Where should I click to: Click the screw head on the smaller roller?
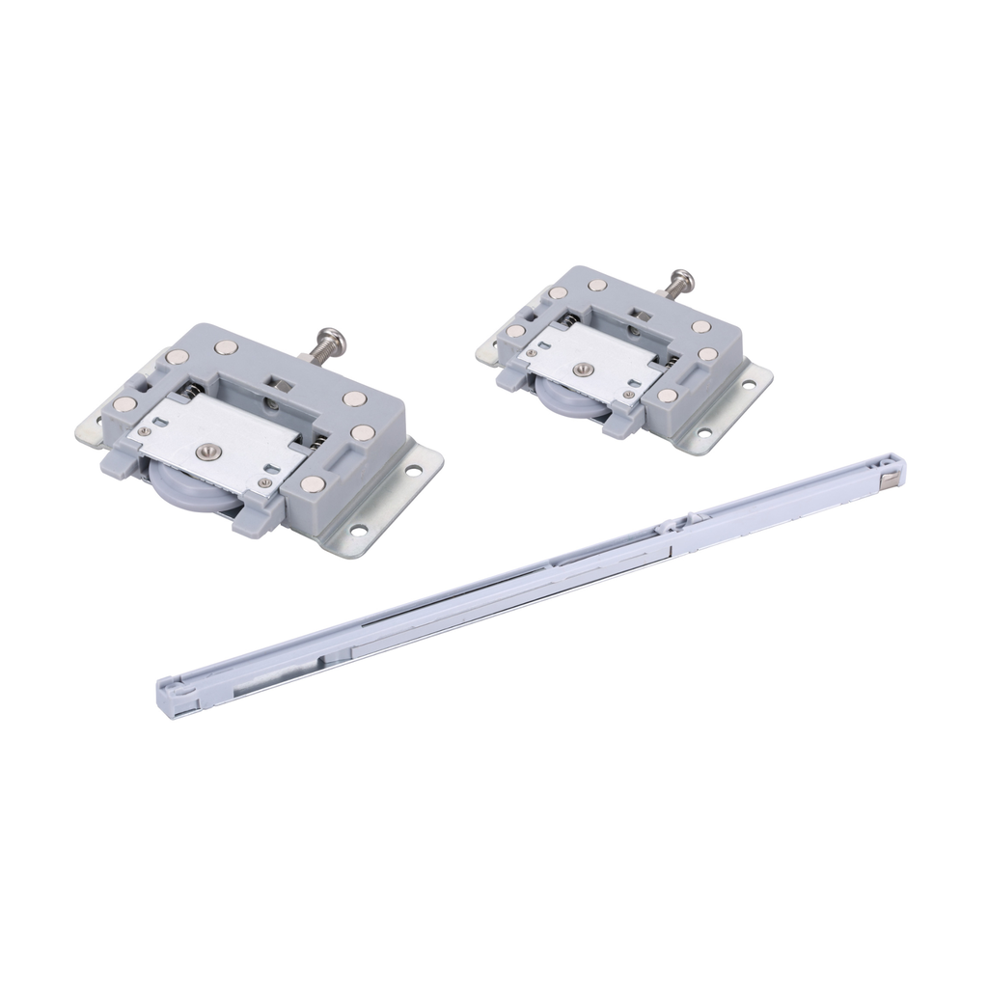click(x=682, y=280)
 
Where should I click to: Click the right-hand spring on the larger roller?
click(x=315, y=444)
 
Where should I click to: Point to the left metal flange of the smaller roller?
click(x=488, y=353)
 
